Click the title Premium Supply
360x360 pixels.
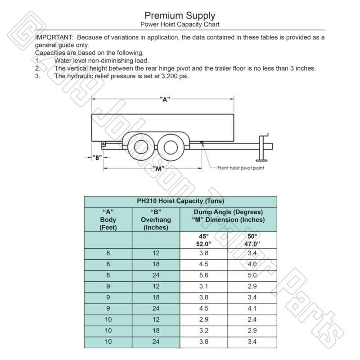coord(180,17)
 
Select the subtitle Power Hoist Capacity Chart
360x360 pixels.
coord(180,24)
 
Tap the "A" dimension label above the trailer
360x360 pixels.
coord(165,100)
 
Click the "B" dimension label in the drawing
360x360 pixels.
coord(96,157)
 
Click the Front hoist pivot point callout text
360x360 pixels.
coord(241,168)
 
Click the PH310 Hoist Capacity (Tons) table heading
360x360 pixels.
coord(180,201)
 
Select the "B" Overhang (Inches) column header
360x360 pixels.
coord(156,220)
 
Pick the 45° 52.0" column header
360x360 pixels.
coord(204,240)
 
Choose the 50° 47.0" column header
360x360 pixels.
coord(252,240)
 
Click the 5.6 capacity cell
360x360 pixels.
coord(204,275)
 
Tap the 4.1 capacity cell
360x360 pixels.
coord(252,308)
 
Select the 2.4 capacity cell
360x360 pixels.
coord(252,319)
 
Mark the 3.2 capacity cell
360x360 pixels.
coord(204,331)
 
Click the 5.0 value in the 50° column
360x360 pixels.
coord(252,275)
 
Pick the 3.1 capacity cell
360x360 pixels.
coord(204,286)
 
